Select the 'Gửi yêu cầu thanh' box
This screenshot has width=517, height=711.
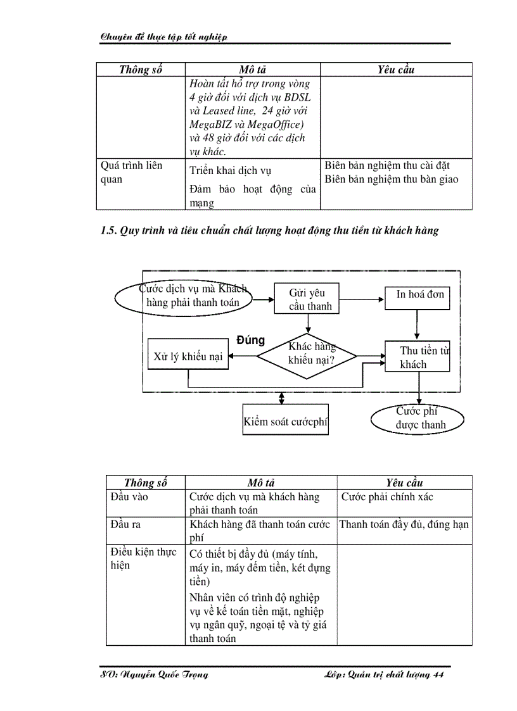(307, 299)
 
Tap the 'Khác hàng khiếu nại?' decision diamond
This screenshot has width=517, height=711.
(307, 356)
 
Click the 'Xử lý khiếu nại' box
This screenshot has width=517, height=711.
(188, 356)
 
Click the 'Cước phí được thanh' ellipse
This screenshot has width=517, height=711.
(417, 418)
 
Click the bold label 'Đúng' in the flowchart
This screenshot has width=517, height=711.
(250, 341)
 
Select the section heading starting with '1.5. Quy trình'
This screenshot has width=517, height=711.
(269, 231)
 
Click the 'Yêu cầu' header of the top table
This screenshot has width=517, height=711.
(396, 70)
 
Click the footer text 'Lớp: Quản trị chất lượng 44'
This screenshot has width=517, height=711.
(382, 674)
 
